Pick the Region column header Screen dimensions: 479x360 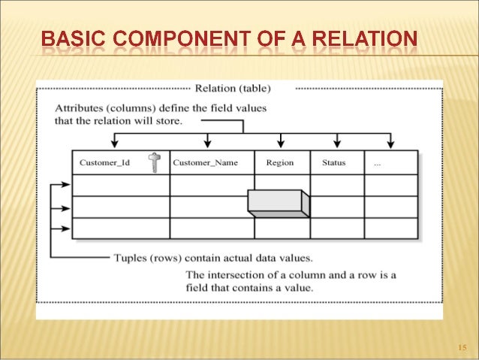280,162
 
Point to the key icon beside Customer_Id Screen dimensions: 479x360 154,162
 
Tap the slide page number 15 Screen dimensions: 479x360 462,347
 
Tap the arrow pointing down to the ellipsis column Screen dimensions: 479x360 390,142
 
